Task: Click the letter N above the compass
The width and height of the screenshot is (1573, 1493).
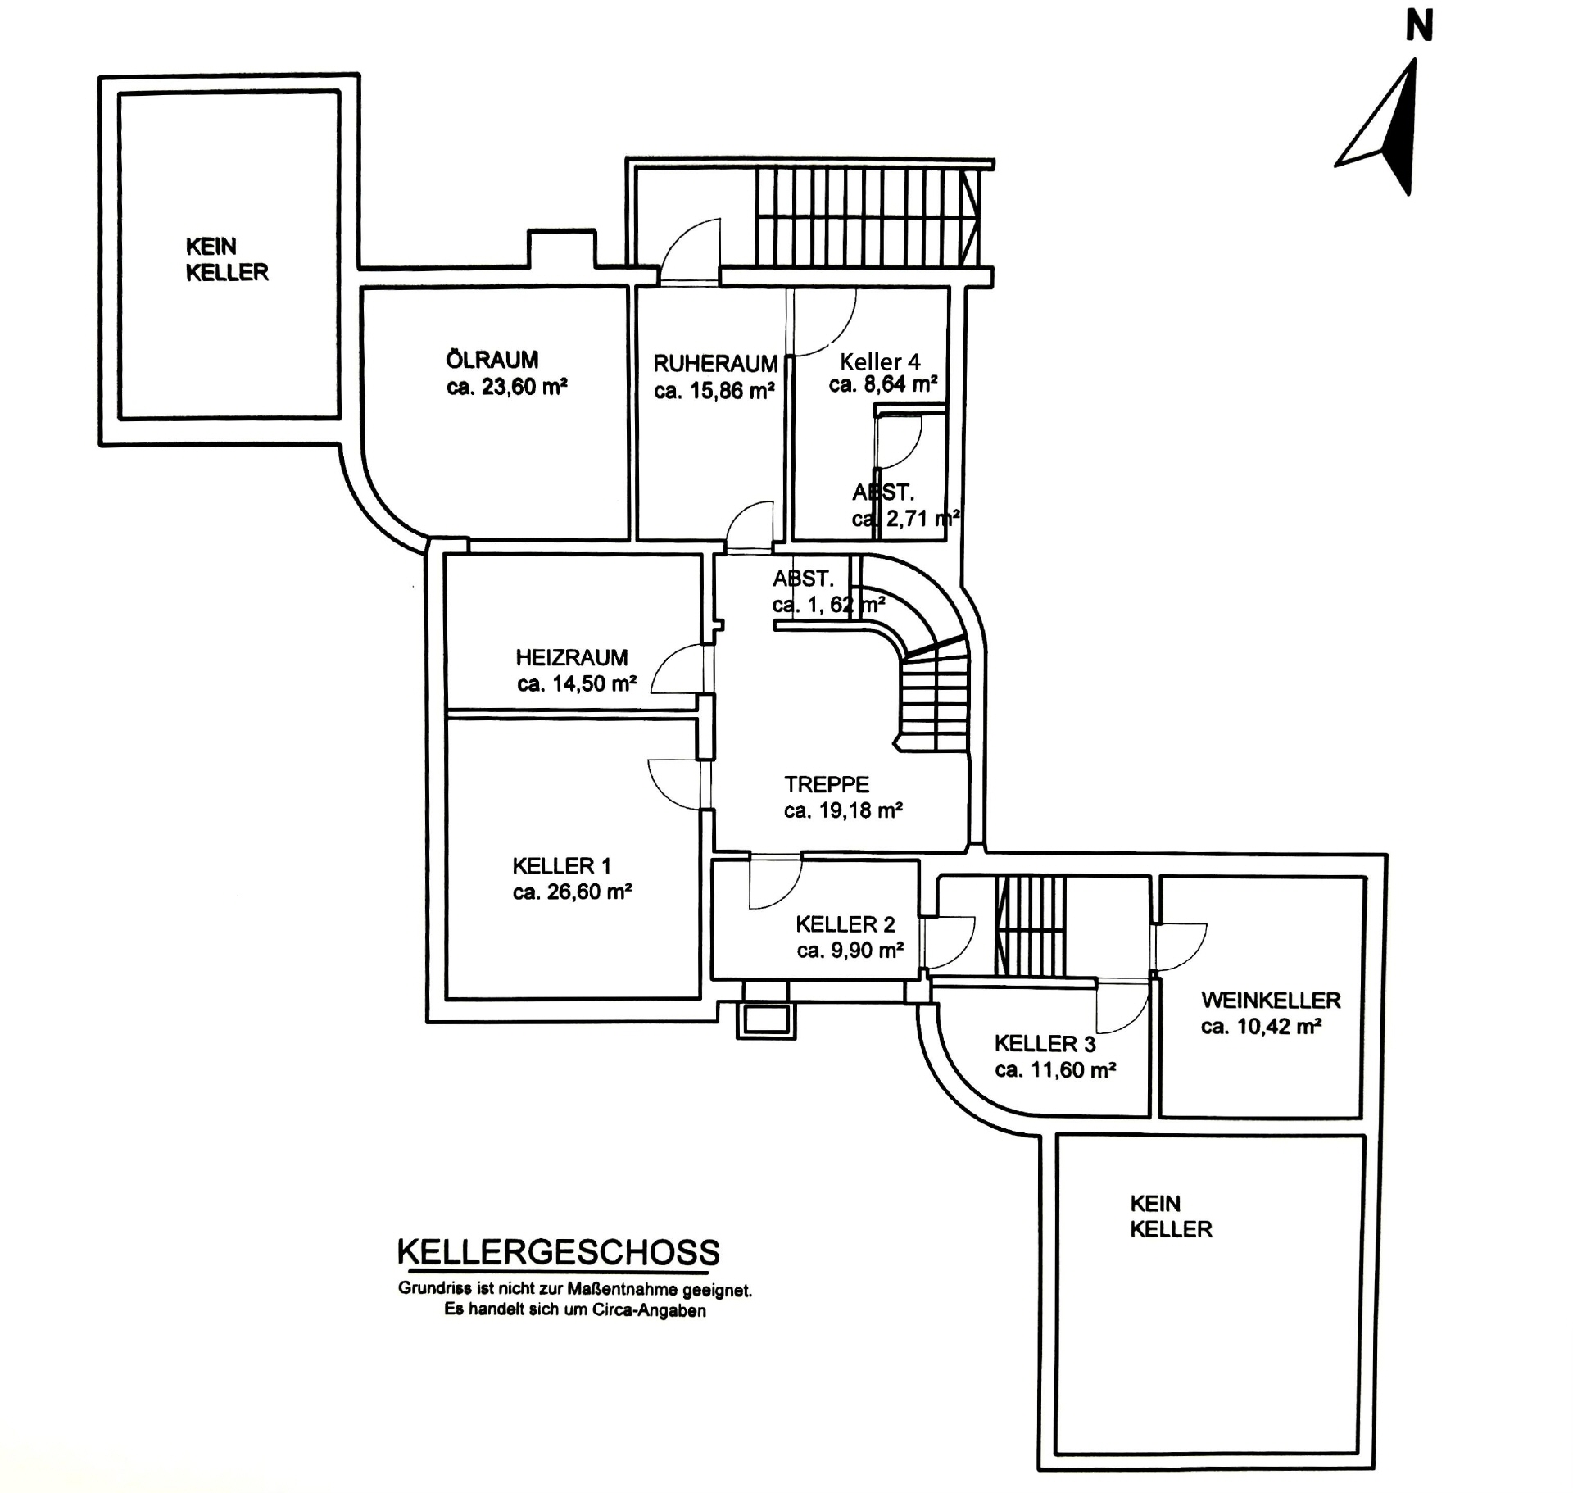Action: coord(1419,26)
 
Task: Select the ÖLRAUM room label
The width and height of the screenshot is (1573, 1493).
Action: coord(492,360)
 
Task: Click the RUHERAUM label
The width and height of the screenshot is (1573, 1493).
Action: coord(715,363)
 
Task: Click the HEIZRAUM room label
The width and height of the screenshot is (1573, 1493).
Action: coord(572,657)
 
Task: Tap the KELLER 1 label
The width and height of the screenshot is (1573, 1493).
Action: coord(561,866)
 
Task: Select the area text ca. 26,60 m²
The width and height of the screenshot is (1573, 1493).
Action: coord(572,892)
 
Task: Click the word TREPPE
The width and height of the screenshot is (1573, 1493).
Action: coord(827,784)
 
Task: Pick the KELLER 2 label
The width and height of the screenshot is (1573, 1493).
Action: coord(845,924)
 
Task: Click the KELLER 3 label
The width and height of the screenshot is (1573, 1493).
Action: coord(1045,1044)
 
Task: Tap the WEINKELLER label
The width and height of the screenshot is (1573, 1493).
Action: coord(1271,1000)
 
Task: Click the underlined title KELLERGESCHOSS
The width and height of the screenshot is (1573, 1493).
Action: coord(558,1252)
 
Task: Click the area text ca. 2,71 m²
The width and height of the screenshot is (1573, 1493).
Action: coord(905,519)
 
